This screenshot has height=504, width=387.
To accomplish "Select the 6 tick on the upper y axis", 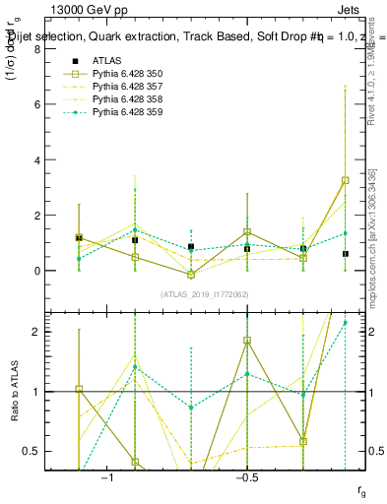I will (x=37, y=104).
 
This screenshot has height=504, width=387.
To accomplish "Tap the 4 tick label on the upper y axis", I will (x=37, y=159).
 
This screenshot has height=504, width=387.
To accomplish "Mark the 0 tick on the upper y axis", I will (x=37, y=271).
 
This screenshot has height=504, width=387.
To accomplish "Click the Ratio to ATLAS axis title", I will (x=15, y=392).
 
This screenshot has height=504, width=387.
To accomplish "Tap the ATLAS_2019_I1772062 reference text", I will (x=205, y=294).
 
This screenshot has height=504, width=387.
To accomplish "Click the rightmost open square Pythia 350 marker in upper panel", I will (x=345, y=180).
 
